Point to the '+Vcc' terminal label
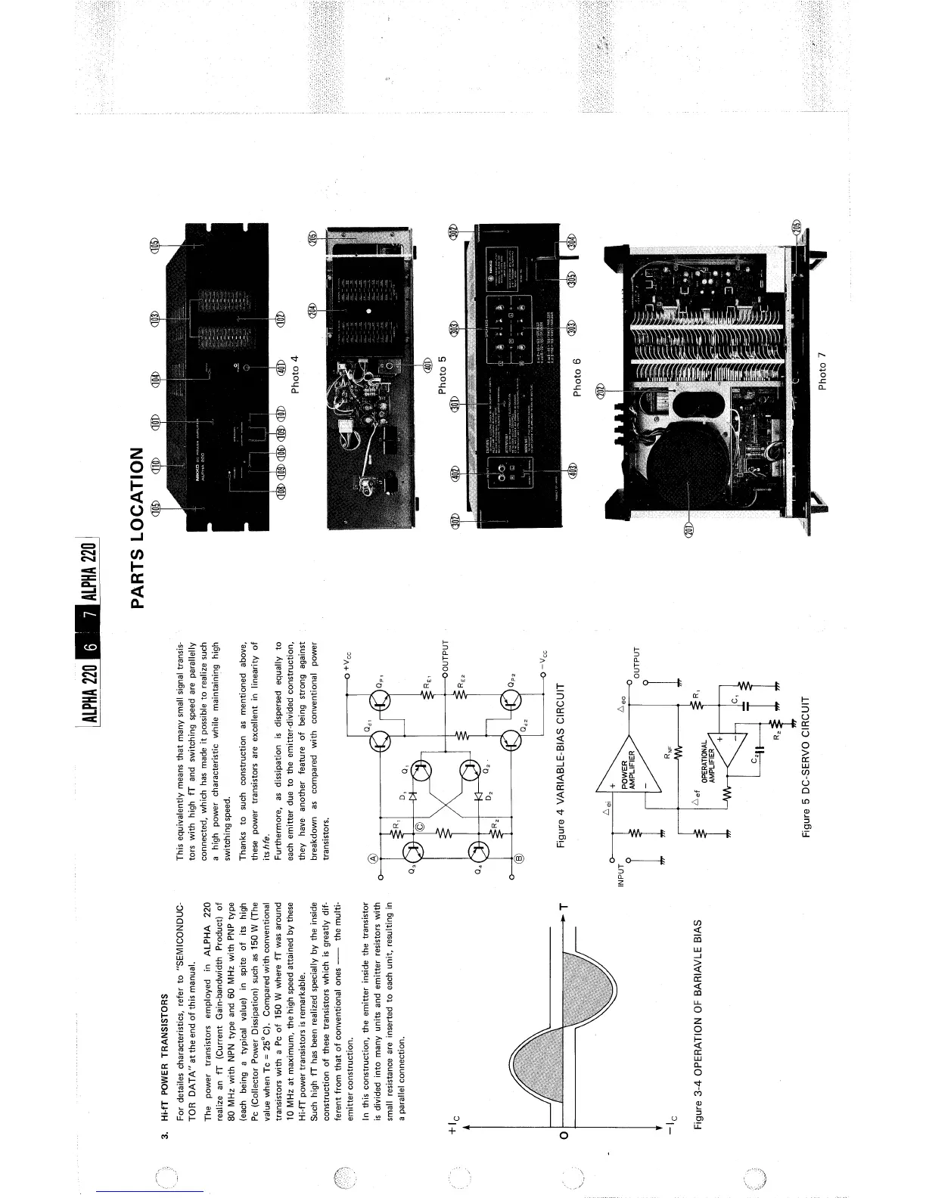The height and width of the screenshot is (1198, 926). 348,660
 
